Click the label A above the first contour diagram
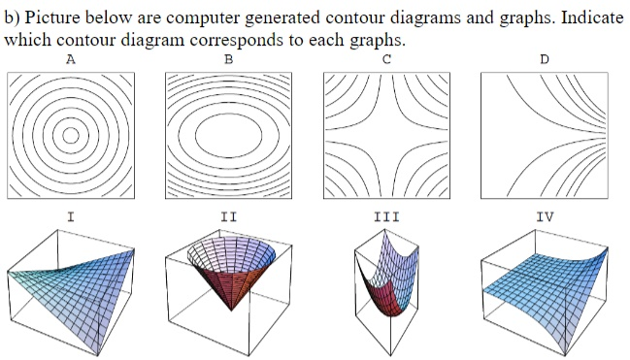click(x=70, y=59)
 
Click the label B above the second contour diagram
click(x=228, y=59)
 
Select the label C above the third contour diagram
click(x=386, y=59)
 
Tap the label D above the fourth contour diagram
click(x=545, y=59)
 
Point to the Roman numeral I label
click(x=70, y=216)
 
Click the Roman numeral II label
click(x=228, y=216)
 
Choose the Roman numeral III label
click(x=386, y=216)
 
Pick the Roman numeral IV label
click(x=545, y=216)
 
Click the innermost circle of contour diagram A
click(x=70, y=136)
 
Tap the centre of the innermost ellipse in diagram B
click(x=228, y=135)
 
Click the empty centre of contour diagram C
click(x=386, y=135)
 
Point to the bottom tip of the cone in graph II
click(x=229, y=311)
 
